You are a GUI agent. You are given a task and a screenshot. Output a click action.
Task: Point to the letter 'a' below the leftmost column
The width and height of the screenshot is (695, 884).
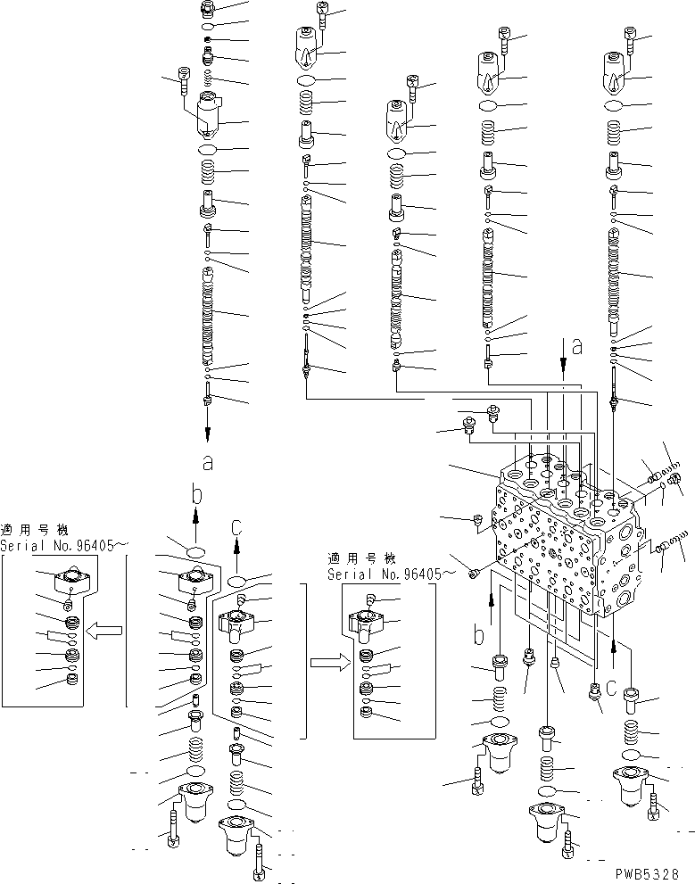207,462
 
